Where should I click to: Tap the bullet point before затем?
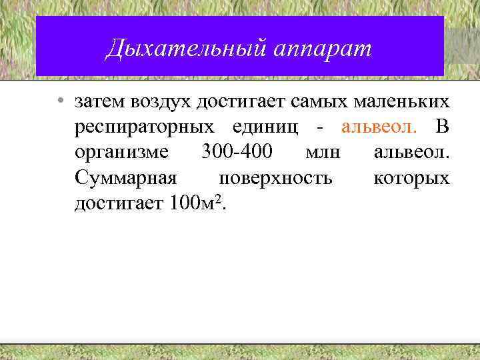(60, 102)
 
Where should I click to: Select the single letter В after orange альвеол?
(441, 127)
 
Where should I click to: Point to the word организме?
(122, 152)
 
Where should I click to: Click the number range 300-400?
(236, 152)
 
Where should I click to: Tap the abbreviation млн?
(323, 152)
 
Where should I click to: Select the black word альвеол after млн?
(412, 152)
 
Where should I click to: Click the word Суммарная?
(126, 177)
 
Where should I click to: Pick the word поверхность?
(275, 177)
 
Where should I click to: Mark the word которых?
(411, 177)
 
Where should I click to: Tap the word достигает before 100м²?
(120, 203)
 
